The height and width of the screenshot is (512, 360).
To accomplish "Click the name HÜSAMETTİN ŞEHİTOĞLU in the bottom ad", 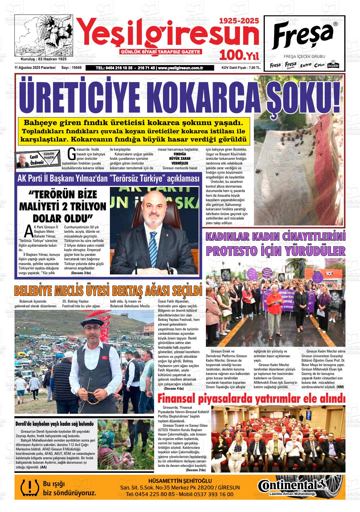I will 180,481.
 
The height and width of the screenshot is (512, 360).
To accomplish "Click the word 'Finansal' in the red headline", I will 177,399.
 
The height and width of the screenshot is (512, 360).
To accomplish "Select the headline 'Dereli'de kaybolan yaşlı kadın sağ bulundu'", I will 55,424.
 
